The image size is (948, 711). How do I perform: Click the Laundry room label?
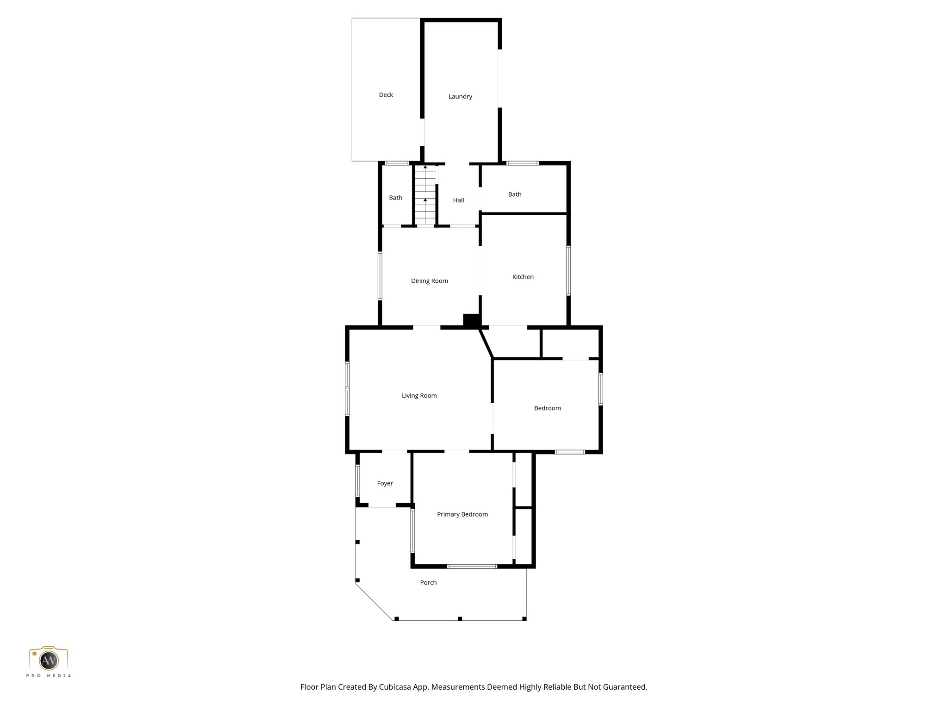point(460,97)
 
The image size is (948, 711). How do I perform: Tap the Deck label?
point(386,95)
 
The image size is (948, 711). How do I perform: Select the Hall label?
point(458,200)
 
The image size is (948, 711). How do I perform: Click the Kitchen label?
point(523,277)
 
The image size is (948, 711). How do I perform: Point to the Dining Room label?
point(429,281)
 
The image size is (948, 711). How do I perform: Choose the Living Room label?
point(419,396)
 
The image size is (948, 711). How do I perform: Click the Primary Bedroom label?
point(462,514)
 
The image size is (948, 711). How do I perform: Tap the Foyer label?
point(385,483)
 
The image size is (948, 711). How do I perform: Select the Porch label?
point(428,583)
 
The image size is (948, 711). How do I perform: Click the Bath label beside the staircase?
point(395,198)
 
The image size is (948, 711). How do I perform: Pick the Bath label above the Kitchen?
point(514,194)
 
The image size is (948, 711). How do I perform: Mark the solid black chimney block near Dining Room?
point(471,320)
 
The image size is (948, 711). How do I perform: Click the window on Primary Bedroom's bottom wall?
point(472,566)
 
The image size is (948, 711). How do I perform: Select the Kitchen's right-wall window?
point(568,270)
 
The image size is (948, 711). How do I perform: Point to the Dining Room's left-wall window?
point(380,276)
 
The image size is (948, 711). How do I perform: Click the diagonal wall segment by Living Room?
point(486,343)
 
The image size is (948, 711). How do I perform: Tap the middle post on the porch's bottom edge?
point(460,618)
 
